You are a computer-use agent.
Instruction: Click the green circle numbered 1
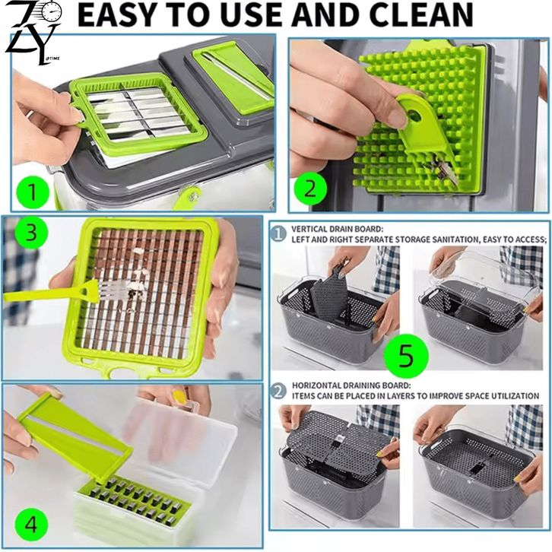33,192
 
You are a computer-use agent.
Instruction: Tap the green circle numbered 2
310,189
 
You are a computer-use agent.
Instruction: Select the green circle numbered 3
31,233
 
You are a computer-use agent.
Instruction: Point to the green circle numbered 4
31,525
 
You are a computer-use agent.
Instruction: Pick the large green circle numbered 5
406,356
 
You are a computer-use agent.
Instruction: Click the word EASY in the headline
116,14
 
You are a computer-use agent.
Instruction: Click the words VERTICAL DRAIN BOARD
337,229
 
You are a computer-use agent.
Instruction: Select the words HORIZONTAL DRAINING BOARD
351,385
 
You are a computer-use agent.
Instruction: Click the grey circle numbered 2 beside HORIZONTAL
278,392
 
